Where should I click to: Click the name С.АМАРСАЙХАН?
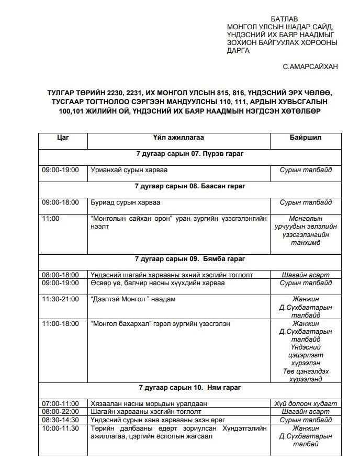310,66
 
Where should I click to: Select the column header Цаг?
62,137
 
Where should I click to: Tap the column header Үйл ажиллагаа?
178,137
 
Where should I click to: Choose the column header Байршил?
306,137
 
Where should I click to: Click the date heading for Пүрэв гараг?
189,154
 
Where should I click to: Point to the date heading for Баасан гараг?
189,186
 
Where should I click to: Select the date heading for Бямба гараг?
189,258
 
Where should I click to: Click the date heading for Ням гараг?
189,388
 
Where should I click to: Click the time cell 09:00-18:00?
60,202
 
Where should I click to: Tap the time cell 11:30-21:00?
60,299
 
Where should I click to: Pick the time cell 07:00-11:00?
60,403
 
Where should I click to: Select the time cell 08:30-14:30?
60,420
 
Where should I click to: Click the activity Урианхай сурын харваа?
129,170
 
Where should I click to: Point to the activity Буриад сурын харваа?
126,202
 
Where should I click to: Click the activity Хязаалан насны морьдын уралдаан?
149,403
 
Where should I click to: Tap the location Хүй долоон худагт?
306,403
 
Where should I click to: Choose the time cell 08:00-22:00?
60,412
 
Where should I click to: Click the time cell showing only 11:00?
51,218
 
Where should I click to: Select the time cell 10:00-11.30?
60,428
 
